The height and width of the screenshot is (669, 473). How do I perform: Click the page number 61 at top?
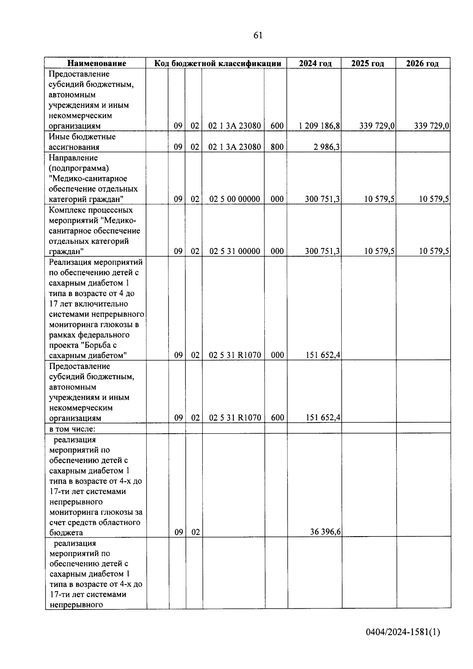(258, 35)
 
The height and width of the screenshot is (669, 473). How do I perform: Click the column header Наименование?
(97, 63)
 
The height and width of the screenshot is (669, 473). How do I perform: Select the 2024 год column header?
(315, 63)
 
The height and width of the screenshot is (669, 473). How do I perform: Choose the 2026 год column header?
(422, 63)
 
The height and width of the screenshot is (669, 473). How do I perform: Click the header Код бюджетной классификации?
(218, 63)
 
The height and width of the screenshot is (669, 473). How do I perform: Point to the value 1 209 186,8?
(319, 126)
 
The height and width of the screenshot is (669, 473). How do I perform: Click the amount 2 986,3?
(327, 147)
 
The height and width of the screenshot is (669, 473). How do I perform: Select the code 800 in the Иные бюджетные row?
(277, 147)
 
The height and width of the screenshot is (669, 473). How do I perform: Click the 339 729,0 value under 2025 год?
(377, 126)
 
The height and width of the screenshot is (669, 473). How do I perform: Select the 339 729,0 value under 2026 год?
(432, 126)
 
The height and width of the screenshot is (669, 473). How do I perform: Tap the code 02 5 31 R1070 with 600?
(235, 418)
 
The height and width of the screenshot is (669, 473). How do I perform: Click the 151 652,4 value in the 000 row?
(323, 356)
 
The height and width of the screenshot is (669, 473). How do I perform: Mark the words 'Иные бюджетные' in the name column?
(82, 137)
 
